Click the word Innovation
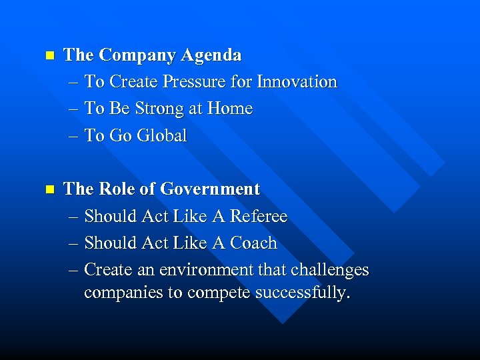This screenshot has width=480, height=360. [297, 82]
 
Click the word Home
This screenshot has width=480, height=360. [230, 109]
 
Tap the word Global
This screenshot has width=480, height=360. [161, 136]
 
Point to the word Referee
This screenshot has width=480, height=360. [259, 217]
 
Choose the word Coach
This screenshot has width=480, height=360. [253, 243]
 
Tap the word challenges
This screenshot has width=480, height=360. [327, 270]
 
